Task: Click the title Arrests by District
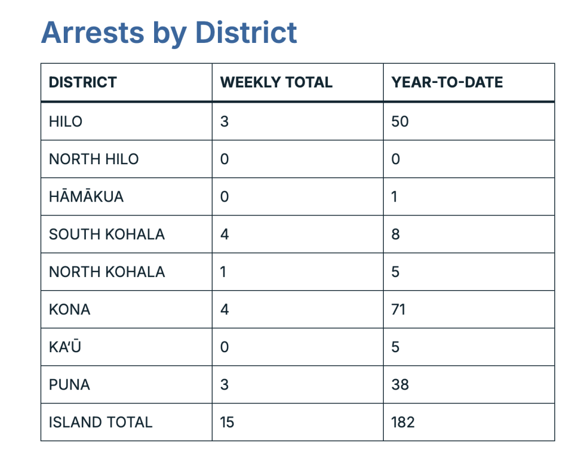(169, 32)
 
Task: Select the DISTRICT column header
(82, 82)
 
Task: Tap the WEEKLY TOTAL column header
(276, 82)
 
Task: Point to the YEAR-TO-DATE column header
(447, 82)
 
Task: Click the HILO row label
(65, 121)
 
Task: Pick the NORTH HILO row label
(94, 159)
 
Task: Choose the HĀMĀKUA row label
(86, 196)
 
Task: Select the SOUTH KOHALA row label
(107, 234)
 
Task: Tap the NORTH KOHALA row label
(107, 272)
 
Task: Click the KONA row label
(69, 309)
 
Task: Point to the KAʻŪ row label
(64, 347)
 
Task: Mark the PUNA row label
(69, 384)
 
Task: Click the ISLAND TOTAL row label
(100, 422)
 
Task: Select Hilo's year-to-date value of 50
(400, 121)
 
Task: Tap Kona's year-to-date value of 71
(399, 309)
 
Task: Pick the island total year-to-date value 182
(403, 422)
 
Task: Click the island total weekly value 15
(227, 422)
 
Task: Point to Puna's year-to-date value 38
(400, 384)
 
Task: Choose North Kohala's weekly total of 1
(224, 272)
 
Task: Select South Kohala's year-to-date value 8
(396, 234)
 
